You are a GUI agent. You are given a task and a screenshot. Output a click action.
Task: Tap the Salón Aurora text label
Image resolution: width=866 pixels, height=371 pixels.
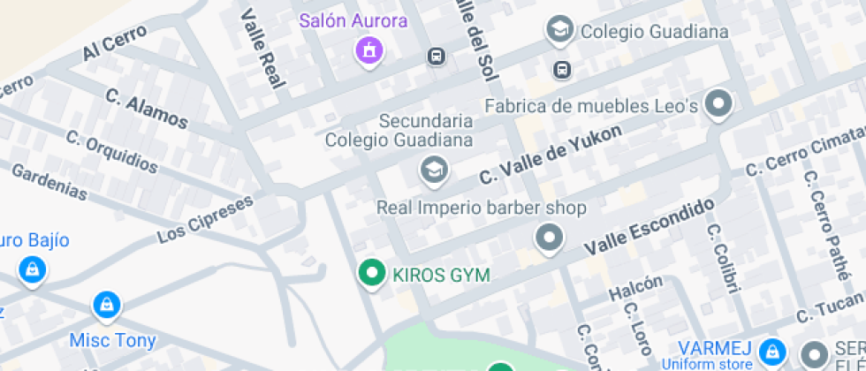[353, 20]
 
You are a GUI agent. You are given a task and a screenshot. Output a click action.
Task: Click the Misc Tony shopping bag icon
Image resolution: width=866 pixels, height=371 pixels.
[107, 306]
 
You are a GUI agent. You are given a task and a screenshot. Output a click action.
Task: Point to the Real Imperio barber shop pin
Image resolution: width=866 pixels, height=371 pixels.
[550, 238]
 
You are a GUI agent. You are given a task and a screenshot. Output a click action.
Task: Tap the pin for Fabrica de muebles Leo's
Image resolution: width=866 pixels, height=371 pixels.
[721, 104]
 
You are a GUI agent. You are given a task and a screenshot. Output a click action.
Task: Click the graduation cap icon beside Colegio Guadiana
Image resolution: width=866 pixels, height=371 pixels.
[559, 30]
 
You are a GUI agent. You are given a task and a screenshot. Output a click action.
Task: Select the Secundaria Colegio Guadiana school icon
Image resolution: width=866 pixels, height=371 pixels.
[433, 169]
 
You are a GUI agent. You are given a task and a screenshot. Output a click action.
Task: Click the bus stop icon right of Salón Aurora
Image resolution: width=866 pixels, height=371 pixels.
[435, 57]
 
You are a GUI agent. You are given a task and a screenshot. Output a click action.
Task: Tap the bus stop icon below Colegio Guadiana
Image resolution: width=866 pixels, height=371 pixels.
[561, 69]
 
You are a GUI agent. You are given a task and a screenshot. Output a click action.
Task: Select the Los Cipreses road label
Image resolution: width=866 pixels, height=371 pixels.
[204, 220]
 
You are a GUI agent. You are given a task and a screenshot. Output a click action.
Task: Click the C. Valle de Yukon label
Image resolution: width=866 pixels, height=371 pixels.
[551, 153]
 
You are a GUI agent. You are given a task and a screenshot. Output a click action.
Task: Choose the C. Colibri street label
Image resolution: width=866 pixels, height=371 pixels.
[721, 258]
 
